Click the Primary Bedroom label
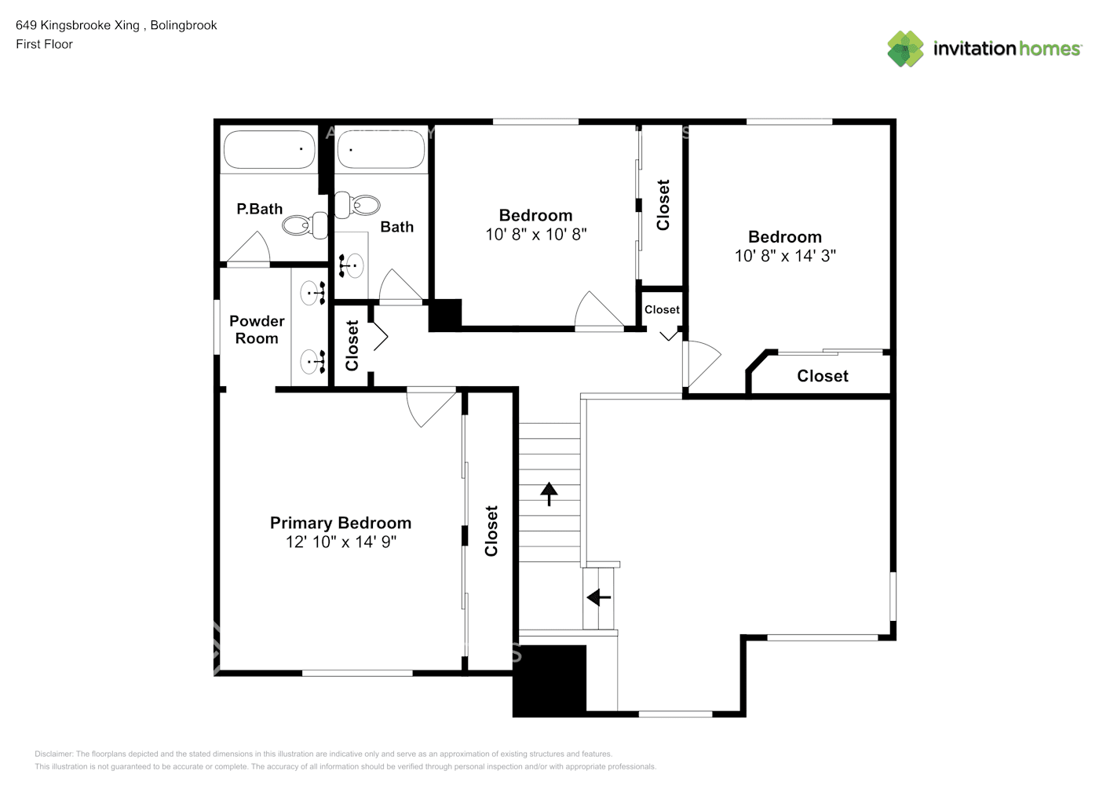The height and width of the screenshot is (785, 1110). click(340, 523)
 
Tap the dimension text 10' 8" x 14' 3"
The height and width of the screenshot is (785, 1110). click(784, 256)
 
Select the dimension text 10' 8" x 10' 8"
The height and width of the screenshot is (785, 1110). click(535, 234)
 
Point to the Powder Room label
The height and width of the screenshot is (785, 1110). click(257, 330)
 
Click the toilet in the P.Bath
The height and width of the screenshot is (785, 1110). click(305, 225)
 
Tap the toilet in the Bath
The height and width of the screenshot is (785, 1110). click(357, 205)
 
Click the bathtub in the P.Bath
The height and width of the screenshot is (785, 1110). click(268, 149)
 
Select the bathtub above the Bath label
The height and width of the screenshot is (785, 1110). click(381, 149)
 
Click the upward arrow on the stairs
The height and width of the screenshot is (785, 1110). click(549, 494)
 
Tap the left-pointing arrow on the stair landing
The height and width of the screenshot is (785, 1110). click(599, 597)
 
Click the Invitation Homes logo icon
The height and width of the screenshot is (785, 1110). click(905, 49)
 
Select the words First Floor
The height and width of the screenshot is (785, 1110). click(44, 44)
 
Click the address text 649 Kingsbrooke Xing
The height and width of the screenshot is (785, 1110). click(78, 25)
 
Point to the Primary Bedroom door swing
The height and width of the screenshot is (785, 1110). click(430, 407)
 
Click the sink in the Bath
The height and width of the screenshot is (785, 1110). click(352, 265)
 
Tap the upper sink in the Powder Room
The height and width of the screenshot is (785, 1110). click(312, 294)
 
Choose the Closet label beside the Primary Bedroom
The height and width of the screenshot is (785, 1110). click(491, 531)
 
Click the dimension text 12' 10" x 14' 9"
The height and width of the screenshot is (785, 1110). click(341, 542)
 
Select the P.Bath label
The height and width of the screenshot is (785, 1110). click(259, 209)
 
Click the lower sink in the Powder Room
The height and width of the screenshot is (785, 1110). click(312, 362)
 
